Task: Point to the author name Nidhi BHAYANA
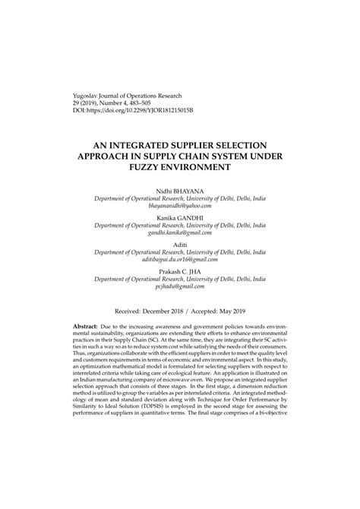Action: point(179,189)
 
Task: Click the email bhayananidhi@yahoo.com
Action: point(179,205)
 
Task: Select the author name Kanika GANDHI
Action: point(179,217)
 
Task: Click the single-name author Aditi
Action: point(179,245)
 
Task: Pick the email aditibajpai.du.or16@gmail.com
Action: point(179,261)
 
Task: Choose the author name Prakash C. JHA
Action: point(179,272)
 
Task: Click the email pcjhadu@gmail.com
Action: point(179,288)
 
